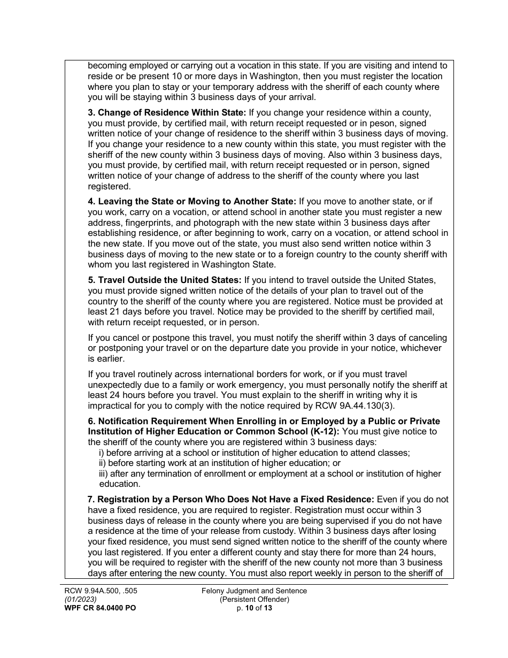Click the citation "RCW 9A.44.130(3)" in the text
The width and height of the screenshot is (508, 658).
[358, 405]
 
